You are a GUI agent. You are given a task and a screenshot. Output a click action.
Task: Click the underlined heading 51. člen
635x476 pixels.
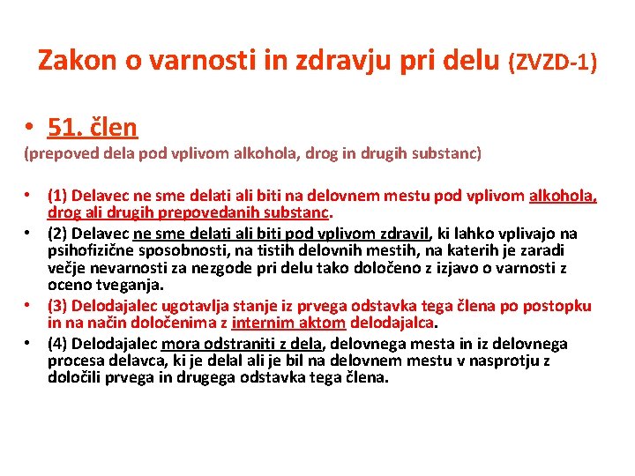pos(93,128)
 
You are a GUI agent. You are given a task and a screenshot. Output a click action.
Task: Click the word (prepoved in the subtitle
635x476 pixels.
pos(59,153)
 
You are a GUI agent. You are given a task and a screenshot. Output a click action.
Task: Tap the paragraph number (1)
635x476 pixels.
pos(59,196)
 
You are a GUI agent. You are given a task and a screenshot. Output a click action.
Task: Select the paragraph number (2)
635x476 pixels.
pos(59,234)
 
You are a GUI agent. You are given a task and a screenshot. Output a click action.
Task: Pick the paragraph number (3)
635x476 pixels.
pos(59,306)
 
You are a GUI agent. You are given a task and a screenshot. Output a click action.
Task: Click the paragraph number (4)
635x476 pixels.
pos(59,344)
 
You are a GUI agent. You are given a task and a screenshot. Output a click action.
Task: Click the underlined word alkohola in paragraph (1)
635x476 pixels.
pos(562,196)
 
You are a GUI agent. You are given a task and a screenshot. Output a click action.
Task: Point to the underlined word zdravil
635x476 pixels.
pos(403,234)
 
